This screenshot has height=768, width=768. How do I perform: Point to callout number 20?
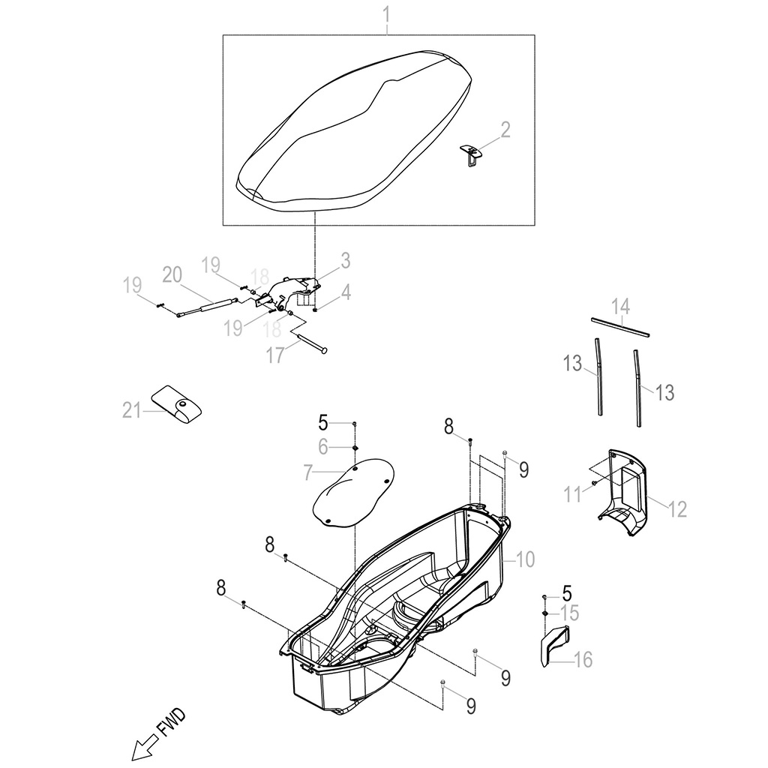pyautogui.click(x=172, y=274)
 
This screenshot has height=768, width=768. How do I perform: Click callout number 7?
pyautogui.click(x=307, y=472)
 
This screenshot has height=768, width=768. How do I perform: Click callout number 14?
pyautogui.click(x=619, y=305)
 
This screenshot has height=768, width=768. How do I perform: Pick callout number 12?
pyautogui.click(x=676, y=509)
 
